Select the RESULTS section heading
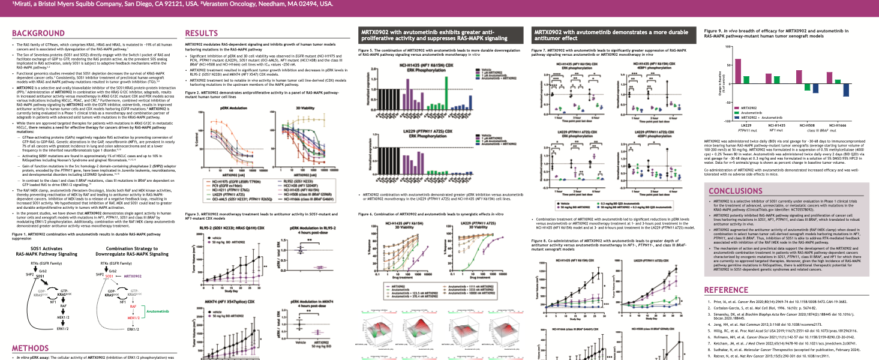tap(201, 33)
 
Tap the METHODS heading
tap(31, 348)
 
